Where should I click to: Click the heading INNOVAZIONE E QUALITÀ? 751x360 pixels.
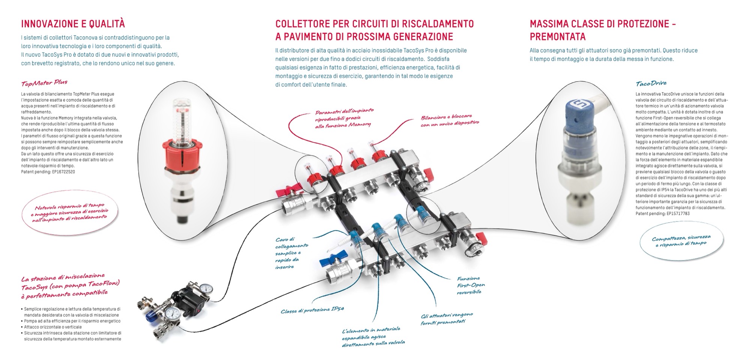(x=73, y=24)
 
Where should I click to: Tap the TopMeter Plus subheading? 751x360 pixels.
(x=44, y=83)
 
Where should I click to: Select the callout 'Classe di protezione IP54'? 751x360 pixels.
(x=312, y=310)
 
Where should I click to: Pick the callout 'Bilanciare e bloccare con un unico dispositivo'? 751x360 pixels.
(x=450, y=121)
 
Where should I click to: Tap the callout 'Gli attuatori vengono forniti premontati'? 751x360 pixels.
(x=447, y=319)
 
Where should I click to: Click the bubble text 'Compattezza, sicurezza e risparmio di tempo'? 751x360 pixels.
(x=681, y=241)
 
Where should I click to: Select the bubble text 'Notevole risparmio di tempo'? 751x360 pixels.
(x=69, y=206)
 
